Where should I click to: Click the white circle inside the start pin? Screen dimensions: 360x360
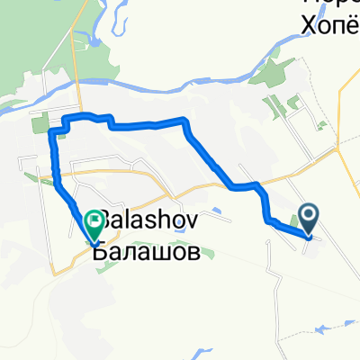[x=309, y=213]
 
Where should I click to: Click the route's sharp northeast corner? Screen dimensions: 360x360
[x=185, y=120]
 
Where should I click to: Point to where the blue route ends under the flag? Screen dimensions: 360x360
[x=94, y=240]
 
